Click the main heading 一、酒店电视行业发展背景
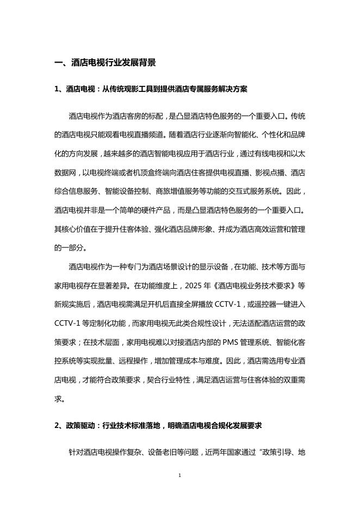[x=105, y=63]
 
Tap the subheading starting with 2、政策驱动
[x=158, y=426]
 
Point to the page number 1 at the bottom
[x=179, y=475]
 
